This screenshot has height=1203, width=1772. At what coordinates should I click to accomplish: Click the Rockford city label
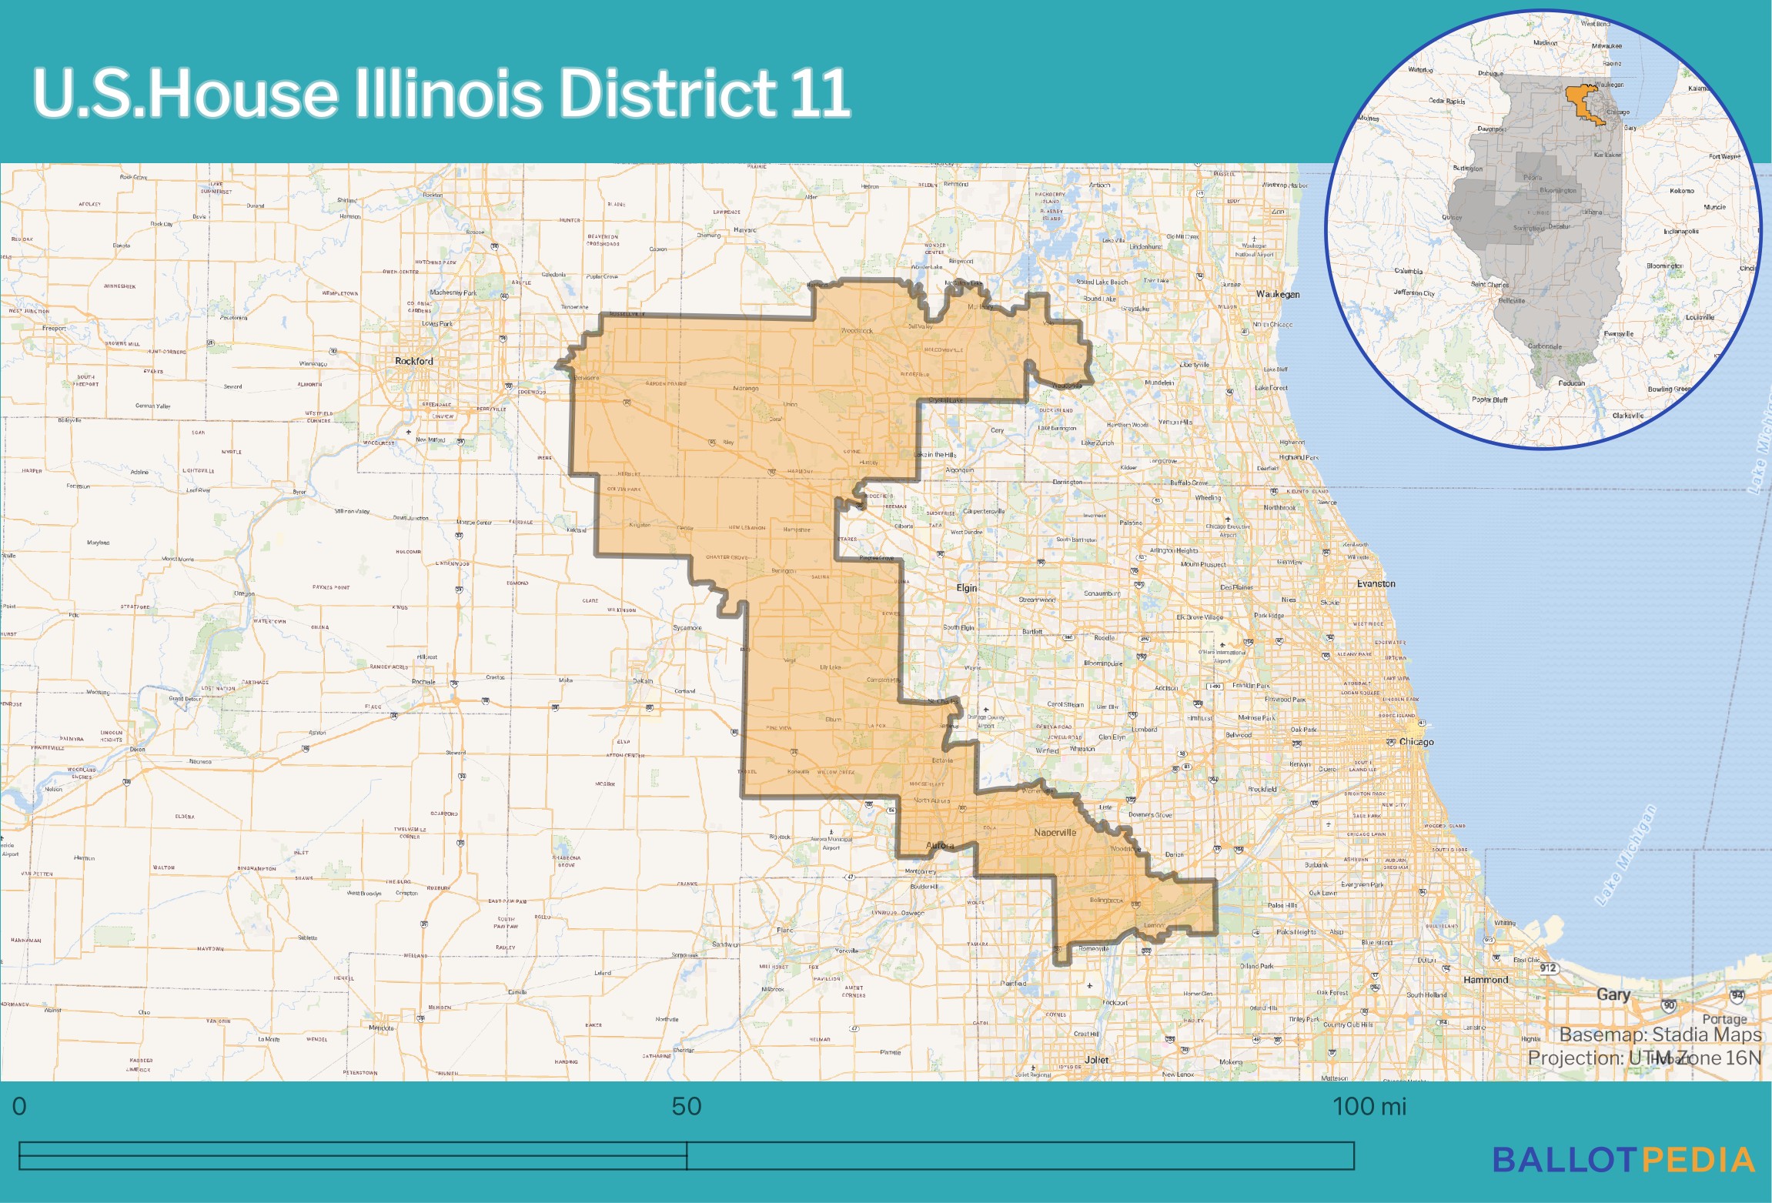pyautogui.click(x=413, y=361)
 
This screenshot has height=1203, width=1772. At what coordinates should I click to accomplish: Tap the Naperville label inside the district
pyautogui.click(x=1055, y=832)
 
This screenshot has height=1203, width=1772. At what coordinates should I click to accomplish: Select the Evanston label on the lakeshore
pyautogui.click(x=1376, y=583)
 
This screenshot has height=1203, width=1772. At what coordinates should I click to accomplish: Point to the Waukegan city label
pyautogui.click(x=1278, y=294)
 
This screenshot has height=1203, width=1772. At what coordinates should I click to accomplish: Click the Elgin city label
pyautogui.click(x=966, y=587)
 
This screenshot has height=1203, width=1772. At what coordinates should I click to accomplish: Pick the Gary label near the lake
pyautogui.click(x=1613, y=994)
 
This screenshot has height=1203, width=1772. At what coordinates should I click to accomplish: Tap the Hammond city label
pyautogui.click(x=1485, y=980)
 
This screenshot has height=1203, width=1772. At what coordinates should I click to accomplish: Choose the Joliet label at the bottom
pyautogui.click(x=1096, y=1060)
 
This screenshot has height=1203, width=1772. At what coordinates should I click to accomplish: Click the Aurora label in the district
pyautogui.click(x=940, y=845)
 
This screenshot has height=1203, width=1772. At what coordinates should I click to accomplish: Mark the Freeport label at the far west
pyautogui.click(x=54, y=329)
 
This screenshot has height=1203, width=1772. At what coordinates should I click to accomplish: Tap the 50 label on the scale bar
pyautogui.click(x=686, y=1106)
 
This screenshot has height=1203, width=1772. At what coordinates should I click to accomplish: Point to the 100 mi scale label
pyautogui.click(x=1369, y=1106)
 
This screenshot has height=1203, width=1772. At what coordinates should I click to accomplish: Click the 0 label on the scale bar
pyautogui.click(x=19, y=1106)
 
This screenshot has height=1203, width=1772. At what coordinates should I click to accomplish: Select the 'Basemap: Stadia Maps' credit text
pyautogui.click(x=1660, y=1034)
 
